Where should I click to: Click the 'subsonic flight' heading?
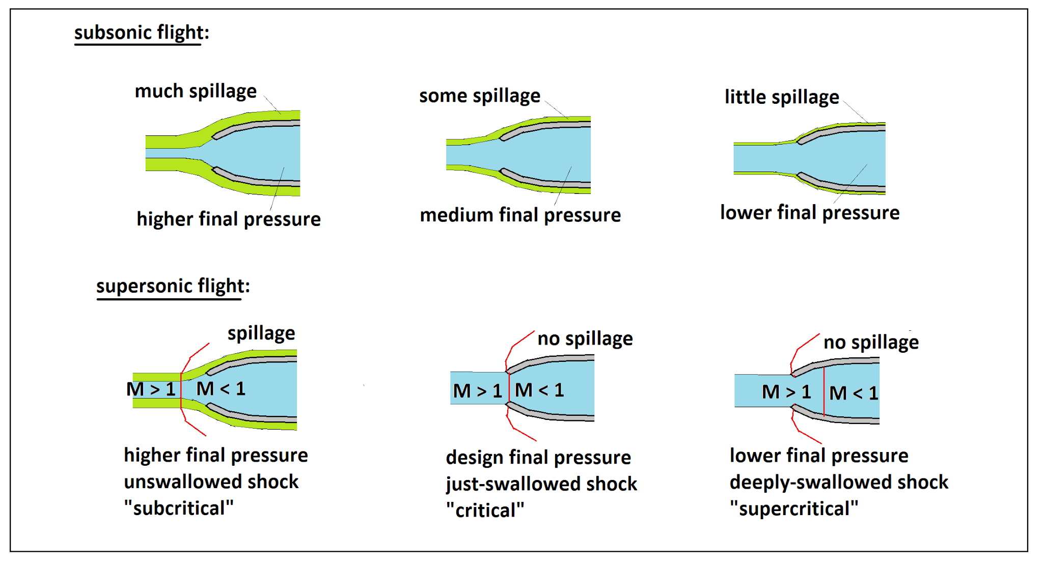(x=138, y=33)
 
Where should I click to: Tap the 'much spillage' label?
(x=196, y=92)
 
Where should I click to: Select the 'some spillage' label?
(x=480, y=96)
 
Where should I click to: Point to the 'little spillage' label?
(x=782, y=97)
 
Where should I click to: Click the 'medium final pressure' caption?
(x=520, y=215)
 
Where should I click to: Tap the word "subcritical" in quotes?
(x=179, y=508)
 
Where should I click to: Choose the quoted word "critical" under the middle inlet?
(x=485, y=510)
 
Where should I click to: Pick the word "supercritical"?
(x=794, y=508)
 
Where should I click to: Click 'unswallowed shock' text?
(x=211, y=482)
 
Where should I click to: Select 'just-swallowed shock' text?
(x=541, y=484)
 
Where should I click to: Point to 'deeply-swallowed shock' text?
(x=839, y=482)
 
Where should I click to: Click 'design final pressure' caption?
(x=538, y=458)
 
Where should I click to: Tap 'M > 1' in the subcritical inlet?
(x=151, y=389)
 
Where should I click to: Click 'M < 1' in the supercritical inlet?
(x=854, y=393)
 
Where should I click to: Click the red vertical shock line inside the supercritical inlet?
(x=824, y=391)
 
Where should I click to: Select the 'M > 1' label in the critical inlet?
(x=478, y=391)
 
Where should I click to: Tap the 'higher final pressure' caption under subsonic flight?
(x=229, y=219)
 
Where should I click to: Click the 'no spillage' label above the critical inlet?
(x=585, y=338)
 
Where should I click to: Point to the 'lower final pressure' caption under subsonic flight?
(x=810, y=213)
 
